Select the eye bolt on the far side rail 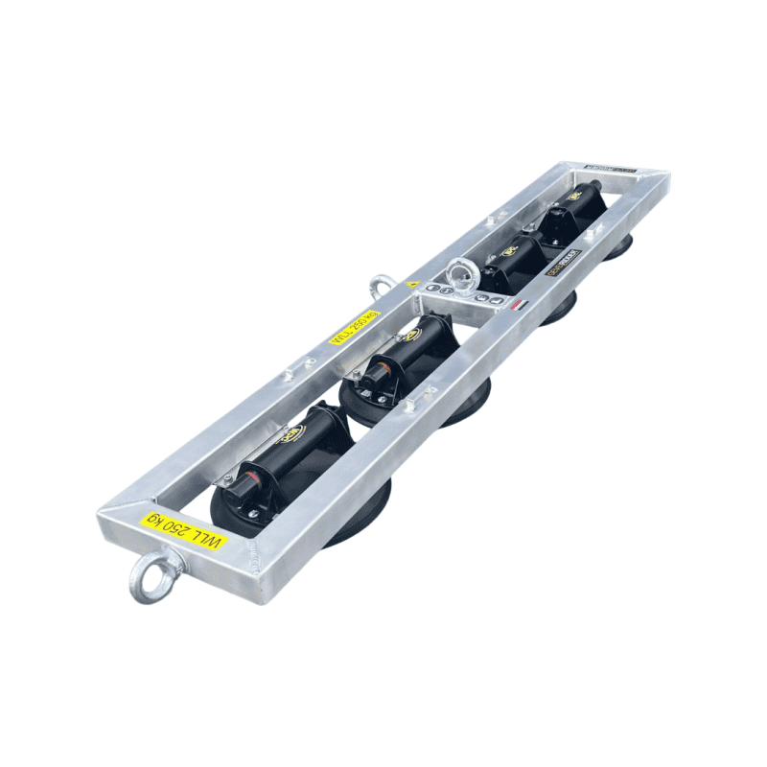tap(381, 285)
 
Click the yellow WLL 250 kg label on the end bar tap(186, 530)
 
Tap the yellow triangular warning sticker tap(413, 285)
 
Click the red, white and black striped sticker tap(518, 305)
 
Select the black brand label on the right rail tap(563, 264)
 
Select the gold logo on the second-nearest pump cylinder tap(411, 336)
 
